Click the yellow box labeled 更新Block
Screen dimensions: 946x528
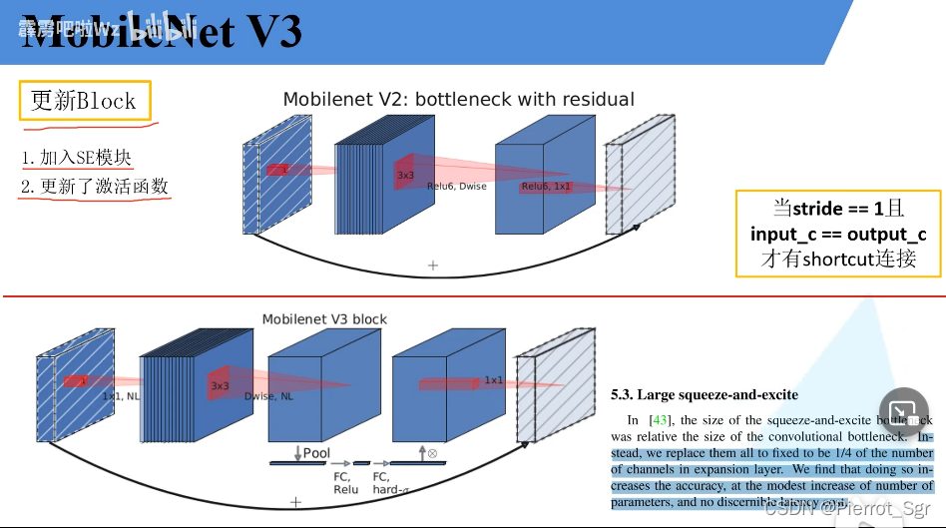pos(84,101)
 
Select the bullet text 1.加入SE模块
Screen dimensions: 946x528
pos(76,159)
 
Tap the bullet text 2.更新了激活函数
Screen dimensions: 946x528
pos(95,187)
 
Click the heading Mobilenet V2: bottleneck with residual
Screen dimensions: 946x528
pos(458,99)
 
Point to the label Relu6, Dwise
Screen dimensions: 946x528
pos(457,187)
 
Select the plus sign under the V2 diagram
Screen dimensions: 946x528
pos(432,265)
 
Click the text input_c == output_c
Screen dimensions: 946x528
pos(838,234)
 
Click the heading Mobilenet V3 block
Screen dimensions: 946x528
pos(324,319)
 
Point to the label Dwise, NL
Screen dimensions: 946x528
pos(268,396)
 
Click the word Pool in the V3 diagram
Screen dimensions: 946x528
pos(316,453)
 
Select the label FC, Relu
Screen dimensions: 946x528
pos(346,483)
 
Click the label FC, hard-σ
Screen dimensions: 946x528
pos(389,483)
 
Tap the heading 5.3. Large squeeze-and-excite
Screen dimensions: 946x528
pos(705,395)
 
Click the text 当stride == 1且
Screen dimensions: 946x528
pos(838,208)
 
